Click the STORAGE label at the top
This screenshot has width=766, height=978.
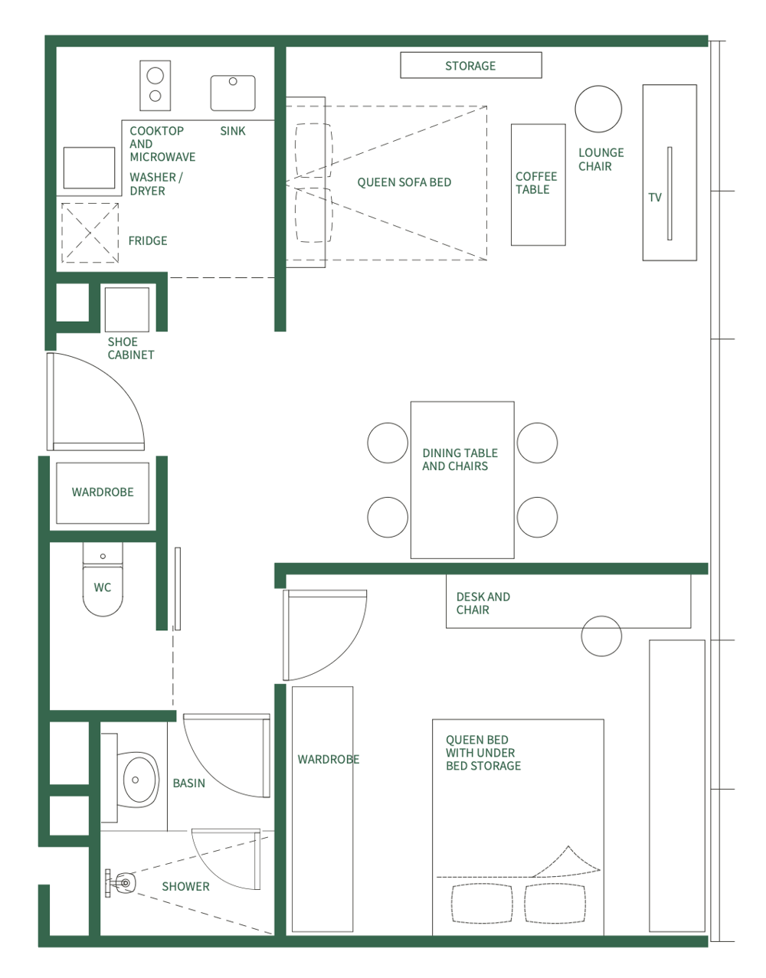(470, 66)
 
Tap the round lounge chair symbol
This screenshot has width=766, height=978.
(598, 110)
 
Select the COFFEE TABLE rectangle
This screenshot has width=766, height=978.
(538, 185)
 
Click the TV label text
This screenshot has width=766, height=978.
(655, 198)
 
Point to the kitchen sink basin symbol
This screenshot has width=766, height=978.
(233, 93)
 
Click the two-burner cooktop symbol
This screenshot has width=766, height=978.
(155, 86)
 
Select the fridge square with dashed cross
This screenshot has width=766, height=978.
(90, 233)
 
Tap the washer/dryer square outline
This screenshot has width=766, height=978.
(90, 168)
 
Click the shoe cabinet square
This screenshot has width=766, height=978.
(127, 309)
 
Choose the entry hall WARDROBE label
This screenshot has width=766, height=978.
(103, 492)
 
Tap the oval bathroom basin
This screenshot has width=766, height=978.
(139, 780)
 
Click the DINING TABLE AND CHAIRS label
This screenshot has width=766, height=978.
(460, 460)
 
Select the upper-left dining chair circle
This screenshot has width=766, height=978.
(388, 443)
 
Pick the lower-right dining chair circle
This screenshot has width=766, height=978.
(537, 517)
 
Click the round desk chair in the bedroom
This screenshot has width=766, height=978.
(601, 636)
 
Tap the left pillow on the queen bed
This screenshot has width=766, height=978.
(483, 904)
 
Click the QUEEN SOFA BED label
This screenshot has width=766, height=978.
(404, 182)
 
